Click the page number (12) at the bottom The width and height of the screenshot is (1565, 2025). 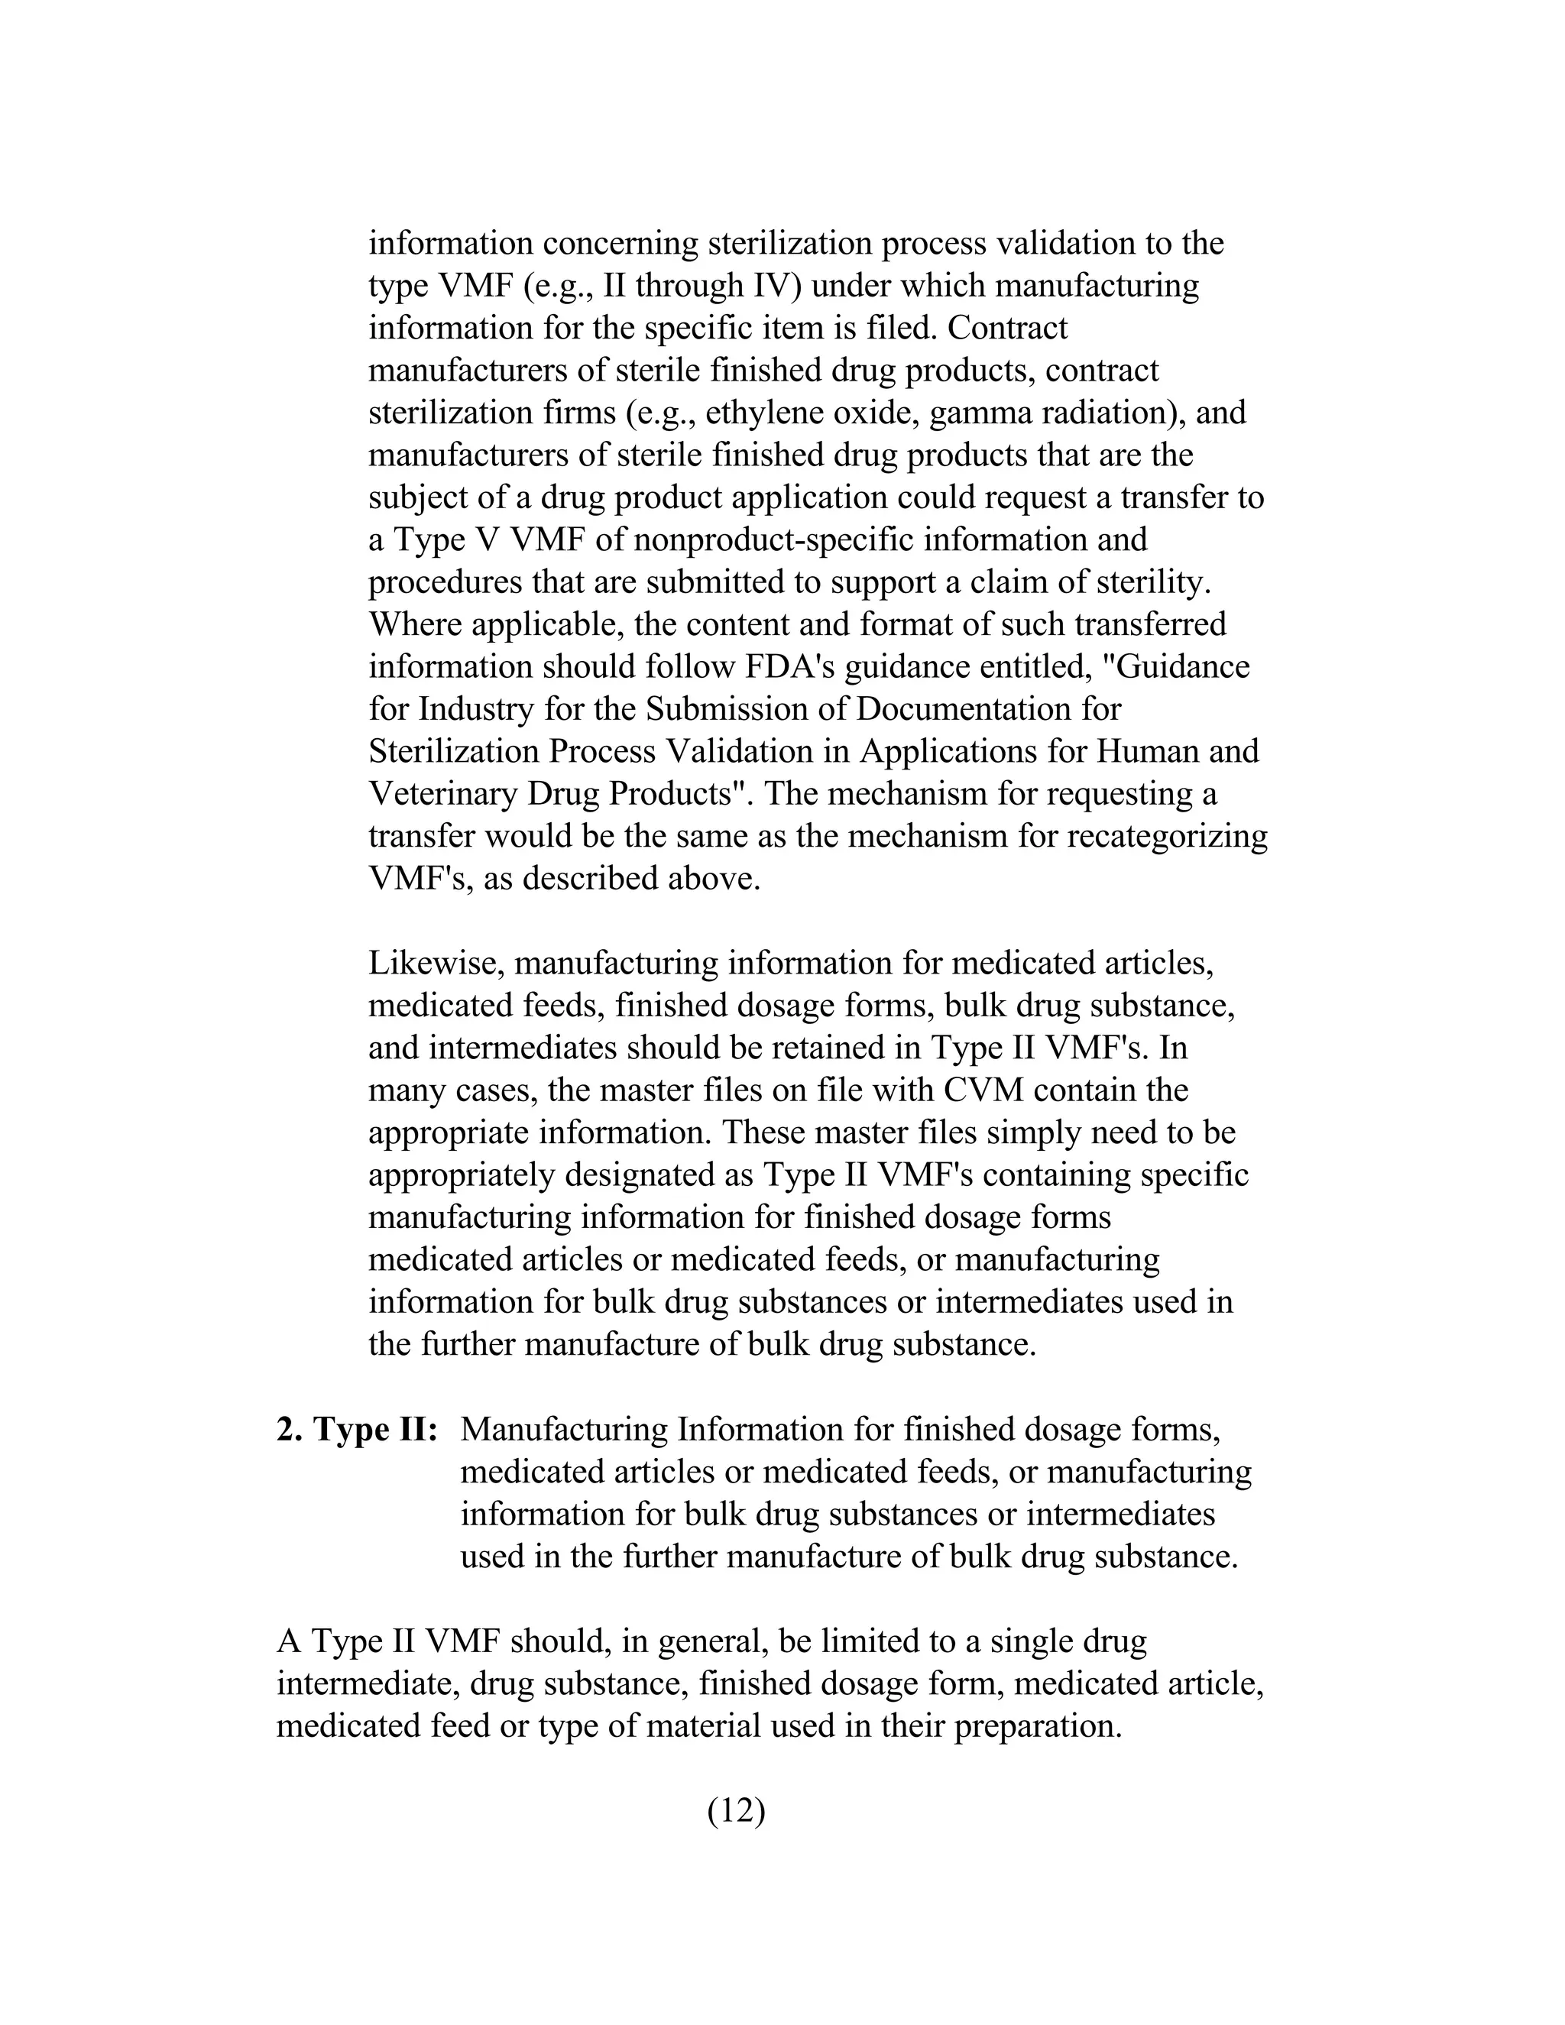pos(736,1810)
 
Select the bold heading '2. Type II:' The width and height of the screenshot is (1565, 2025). pos(357,1429)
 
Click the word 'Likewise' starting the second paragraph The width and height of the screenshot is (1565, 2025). pos(436,964)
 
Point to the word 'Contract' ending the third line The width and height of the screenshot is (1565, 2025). pos(1008,327)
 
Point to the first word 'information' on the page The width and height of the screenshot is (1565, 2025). pos(451,243)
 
